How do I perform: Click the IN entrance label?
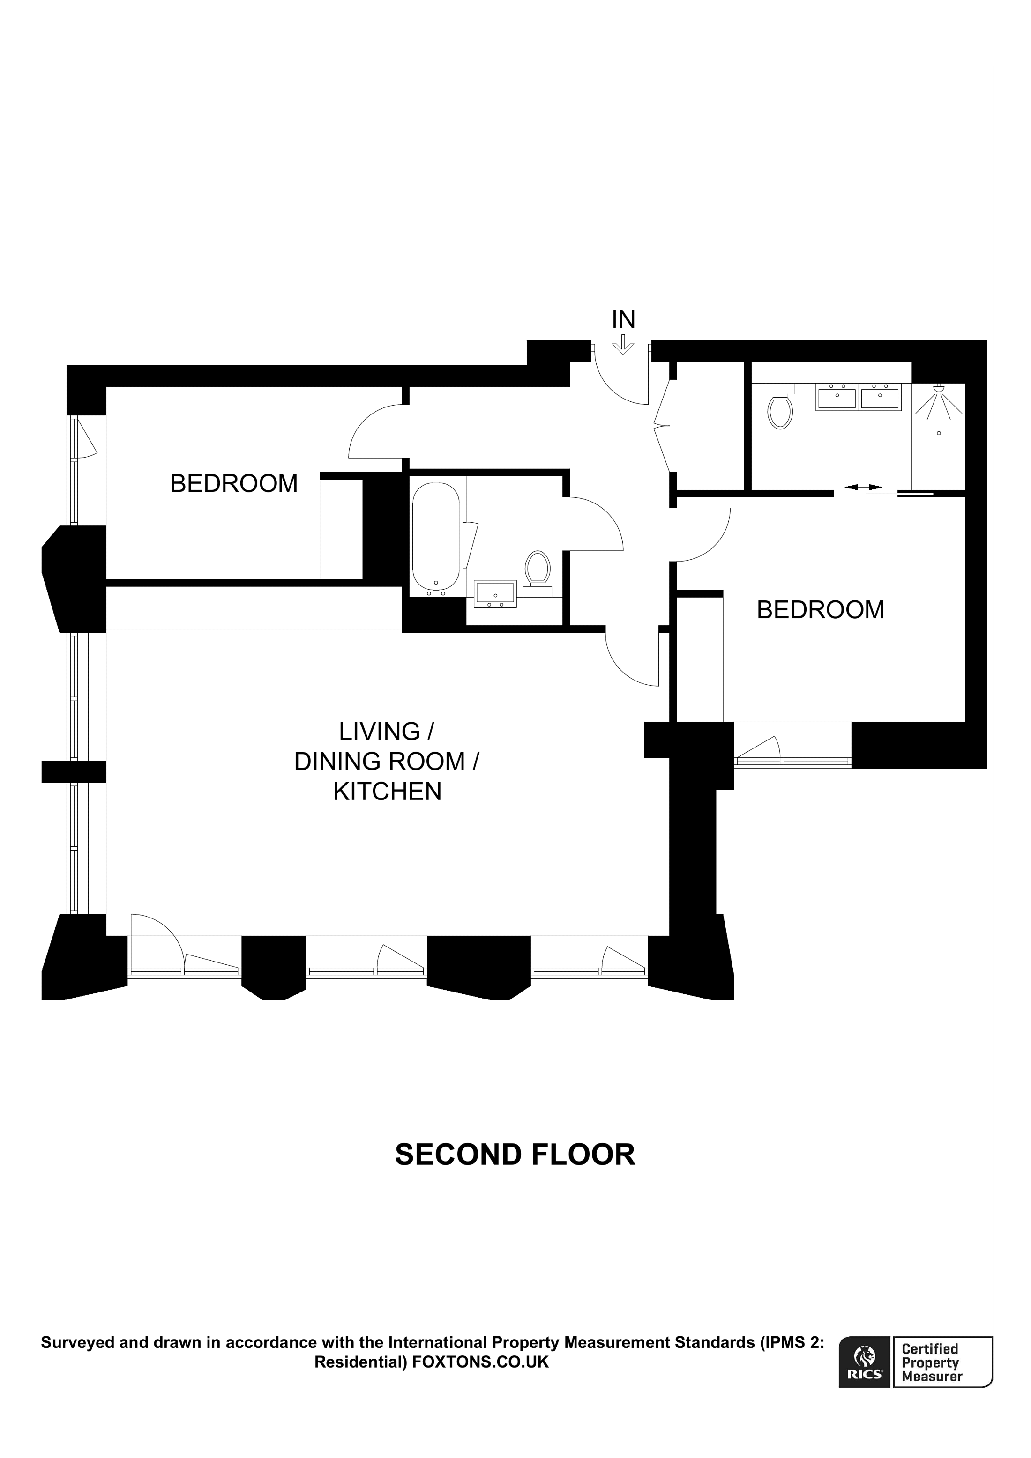click(x=623, y=319)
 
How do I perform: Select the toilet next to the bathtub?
click(x=538, y=569)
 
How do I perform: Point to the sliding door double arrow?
click(x=863, y=487)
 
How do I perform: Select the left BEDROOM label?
click(x=234, y=484)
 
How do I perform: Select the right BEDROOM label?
click(x=820, y=610)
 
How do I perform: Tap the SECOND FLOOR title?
click(x=515, y=1154)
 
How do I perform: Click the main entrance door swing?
click(x=620, y=381)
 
